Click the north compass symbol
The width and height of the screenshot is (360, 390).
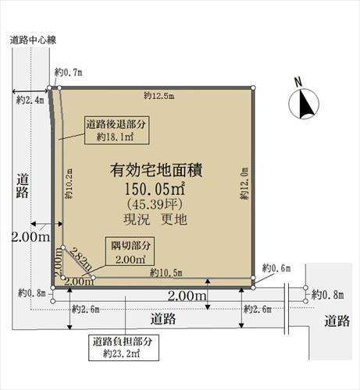304,104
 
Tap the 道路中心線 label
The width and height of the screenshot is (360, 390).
33,41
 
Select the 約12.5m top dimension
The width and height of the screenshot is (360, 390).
159,96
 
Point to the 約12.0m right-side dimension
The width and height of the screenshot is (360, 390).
244,183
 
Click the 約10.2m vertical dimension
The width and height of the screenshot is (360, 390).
69,184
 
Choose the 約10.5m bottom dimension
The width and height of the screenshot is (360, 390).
166,273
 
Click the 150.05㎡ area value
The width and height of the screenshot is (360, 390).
155,189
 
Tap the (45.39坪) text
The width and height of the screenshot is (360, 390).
155,204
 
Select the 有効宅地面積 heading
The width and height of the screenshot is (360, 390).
156,171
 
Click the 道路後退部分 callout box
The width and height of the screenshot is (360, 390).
116,130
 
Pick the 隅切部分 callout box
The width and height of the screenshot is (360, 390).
130,251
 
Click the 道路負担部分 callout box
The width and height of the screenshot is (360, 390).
123,347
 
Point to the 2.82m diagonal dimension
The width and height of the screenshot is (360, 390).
81,259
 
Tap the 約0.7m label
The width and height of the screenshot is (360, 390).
68,73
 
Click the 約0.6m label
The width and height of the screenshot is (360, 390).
276,268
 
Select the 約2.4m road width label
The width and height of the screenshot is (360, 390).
30,100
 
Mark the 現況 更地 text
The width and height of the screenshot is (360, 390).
155,220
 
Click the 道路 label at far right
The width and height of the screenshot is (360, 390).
337,321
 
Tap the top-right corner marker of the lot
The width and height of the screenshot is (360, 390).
253,87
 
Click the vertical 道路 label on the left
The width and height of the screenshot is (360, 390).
23,186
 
